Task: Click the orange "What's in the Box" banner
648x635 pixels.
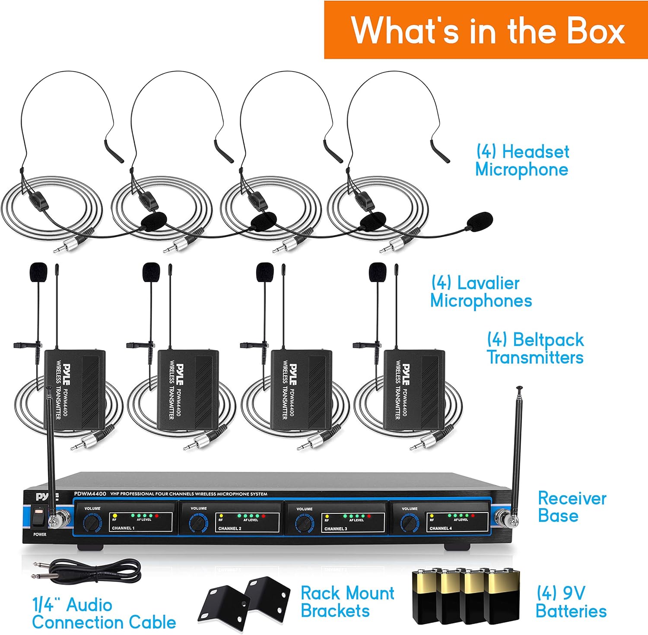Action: (486, 30)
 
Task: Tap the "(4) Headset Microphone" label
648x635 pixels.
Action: (522, 161)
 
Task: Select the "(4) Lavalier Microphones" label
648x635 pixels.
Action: (480, 292)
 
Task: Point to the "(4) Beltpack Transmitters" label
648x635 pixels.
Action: (535, 349)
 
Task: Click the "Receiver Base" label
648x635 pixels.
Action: (572, 507)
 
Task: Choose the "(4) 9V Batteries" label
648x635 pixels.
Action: (571, 602)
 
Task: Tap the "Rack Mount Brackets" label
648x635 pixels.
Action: (347, 602)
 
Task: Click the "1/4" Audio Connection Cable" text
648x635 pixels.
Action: (104, 613)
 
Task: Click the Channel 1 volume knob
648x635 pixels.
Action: (91, 523)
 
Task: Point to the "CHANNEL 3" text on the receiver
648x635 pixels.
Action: (336, 528)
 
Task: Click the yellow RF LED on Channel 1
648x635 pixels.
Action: (115, 515)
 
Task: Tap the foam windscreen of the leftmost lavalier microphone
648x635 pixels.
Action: (38, 272)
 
